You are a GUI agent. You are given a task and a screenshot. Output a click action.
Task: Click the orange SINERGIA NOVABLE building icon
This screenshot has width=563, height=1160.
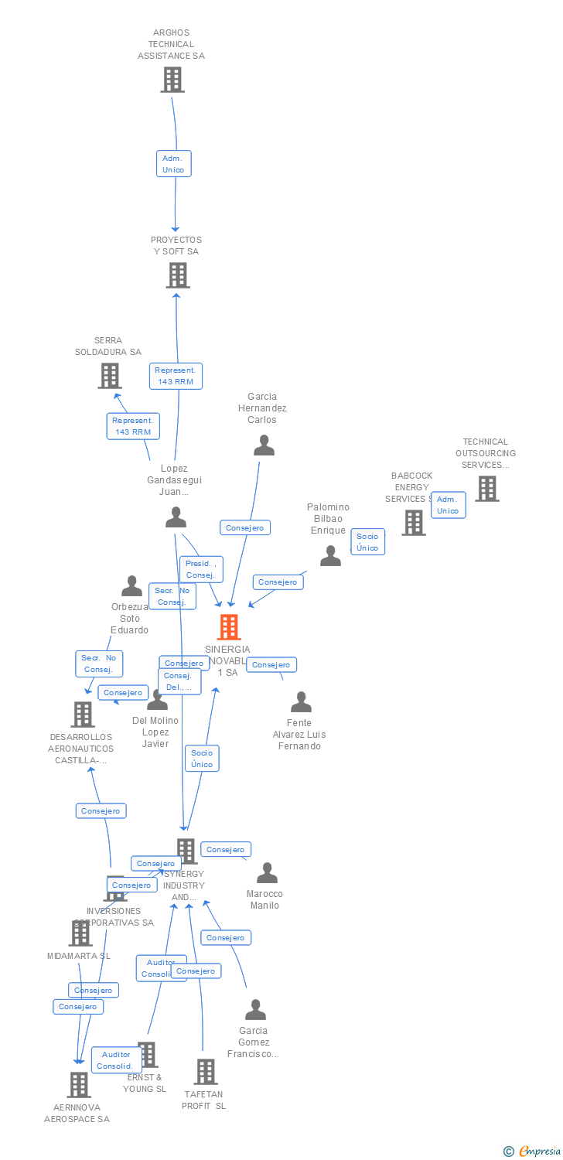(229, 626)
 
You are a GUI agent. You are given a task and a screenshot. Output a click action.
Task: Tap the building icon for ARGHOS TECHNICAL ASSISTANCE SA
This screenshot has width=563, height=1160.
(172, 80)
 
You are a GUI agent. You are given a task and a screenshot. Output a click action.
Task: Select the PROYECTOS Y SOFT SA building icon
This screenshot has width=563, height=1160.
(177, 275)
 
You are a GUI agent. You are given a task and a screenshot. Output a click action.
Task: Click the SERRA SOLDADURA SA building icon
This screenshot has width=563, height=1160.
(110, 376)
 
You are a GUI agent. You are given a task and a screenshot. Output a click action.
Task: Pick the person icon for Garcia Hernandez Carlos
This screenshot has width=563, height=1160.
(264, 445)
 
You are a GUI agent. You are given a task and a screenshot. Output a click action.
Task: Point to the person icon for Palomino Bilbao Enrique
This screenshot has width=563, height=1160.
(330, 555)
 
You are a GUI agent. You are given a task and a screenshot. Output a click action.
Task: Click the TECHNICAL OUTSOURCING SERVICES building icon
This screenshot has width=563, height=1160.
(486, 489)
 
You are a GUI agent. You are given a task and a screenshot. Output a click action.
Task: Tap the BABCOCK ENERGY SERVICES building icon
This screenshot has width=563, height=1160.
(414, 523)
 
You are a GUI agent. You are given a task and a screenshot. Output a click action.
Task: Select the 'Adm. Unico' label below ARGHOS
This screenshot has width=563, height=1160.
(173, 164)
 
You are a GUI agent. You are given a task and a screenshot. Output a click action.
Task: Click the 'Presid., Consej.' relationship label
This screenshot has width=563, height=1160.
(201, 569)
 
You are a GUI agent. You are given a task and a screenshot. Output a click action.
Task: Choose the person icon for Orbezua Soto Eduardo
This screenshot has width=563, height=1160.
(132, 586)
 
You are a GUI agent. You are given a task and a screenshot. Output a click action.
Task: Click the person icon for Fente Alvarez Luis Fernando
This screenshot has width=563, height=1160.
(301, 702)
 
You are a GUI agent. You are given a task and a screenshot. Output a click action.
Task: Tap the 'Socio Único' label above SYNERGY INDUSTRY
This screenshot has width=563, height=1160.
(202, 759)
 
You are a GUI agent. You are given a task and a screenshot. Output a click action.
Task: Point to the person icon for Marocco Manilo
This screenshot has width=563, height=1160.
(267, 873)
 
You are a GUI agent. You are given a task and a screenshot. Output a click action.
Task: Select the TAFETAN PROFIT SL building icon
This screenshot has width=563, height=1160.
(205, 1072)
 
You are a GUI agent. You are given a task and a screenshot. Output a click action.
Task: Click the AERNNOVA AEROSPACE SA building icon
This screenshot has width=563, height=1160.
(78, 1085)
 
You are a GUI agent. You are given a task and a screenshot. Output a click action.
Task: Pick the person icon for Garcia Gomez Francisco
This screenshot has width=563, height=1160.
(255, 1010)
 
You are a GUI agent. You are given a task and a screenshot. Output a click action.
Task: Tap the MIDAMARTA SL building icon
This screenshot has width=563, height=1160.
(80, 933)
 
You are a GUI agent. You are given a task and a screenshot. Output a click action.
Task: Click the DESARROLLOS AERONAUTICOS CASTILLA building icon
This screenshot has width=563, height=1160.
(83, 715)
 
